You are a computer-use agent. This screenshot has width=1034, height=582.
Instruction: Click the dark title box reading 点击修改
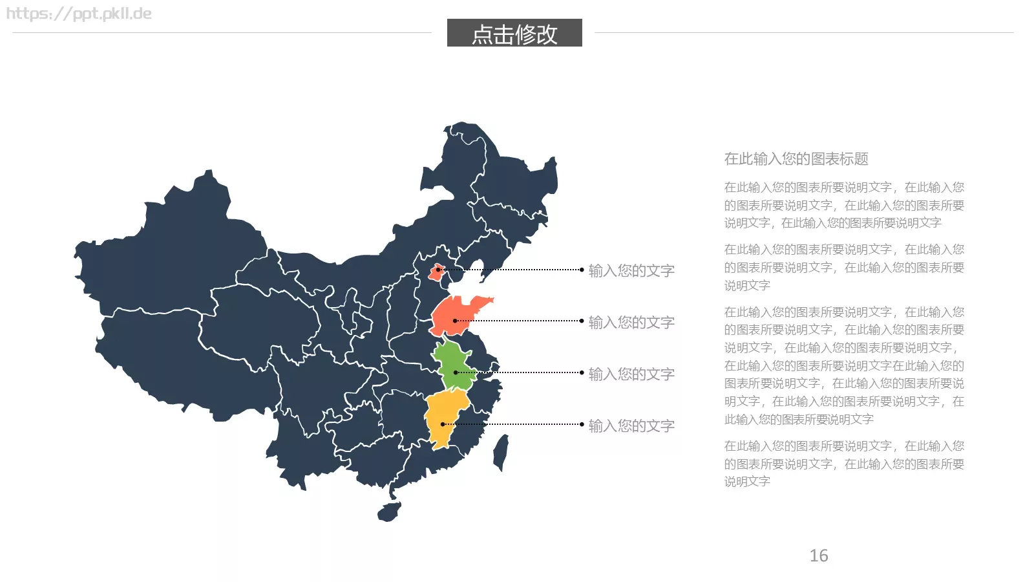514,33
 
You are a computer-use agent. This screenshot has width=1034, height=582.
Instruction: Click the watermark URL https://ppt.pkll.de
79,14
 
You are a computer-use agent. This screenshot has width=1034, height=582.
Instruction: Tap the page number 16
818,555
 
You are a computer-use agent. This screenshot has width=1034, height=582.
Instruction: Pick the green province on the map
454,365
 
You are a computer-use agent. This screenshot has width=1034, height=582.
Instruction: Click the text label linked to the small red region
631,270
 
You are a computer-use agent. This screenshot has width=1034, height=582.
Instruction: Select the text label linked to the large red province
631,322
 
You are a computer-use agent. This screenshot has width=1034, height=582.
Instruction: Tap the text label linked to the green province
631,374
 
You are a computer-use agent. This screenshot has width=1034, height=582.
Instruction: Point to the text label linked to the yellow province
631,426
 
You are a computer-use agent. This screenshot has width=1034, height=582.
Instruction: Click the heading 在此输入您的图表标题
796,158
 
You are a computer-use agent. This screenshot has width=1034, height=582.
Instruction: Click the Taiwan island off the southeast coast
501,452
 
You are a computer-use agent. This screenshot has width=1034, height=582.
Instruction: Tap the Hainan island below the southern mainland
389,512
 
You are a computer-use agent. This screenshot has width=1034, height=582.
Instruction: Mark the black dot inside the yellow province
443,424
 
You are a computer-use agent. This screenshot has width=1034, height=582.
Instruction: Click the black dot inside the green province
456,372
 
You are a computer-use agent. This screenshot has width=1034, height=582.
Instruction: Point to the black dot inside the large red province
455,321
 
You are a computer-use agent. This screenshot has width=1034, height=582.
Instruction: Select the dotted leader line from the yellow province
517,424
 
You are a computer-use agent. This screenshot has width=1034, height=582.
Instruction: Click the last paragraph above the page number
843,463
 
